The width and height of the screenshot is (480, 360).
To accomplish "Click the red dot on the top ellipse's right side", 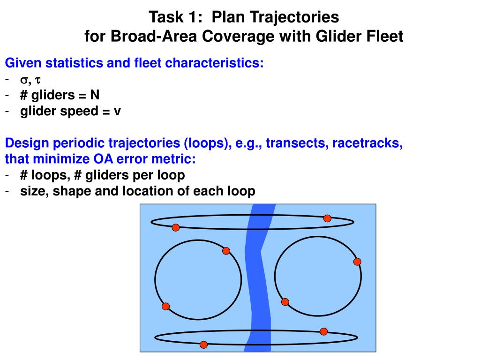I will click(x=327, y=218).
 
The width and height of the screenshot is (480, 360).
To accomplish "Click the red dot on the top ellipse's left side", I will click(x=176, y=227).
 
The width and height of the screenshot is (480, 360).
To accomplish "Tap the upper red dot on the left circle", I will click(x=226, y=251).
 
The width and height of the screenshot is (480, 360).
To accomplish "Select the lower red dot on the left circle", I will click(x=165, y=306).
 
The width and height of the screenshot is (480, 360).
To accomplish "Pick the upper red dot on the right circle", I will click(x=357, y=262).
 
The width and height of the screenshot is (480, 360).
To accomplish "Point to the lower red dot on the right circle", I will click(x=285, y=301).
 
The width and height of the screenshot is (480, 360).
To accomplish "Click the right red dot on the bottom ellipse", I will click(x=323, y=331).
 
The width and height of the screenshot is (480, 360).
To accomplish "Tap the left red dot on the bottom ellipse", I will click(x=203, y=345).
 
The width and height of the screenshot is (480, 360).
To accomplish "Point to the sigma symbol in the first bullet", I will click(x=24, y=80).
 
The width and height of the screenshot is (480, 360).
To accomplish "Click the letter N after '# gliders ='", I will click(x=95, y=95).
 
